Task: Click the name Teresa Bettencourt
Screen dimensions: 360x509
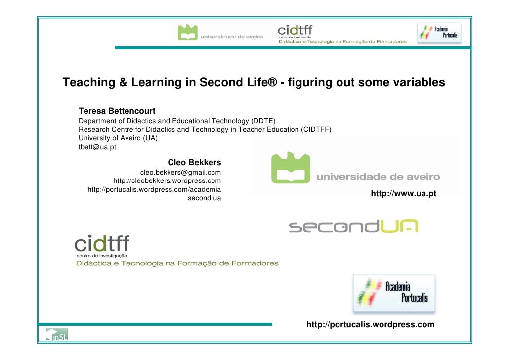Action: pyautogui.click(x=117, y=111)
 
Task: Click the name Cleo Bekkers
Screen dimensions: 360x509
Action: pyautogui.click(x=194, y=162)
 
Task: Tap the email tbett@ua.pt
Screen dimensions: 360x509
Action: pyautogui.click(x=97, y=147)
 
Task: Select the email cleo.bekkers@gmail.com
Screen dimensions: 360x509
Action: pyautogui.click(x=180, y=172)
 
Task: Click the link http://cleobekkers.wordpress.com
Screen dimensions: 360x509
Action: pyautogui.click(x=167, y=180)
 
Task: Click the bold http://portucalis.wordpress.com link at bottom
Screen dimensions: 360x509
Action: pyautogui.click(x=371, y=325)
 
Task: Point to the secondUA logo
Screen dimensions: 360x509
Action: pyautogui.click(x=353, y=226)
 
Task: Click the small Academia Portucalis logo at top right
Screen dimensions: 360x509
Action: pyautogui.click(x=439, y=34)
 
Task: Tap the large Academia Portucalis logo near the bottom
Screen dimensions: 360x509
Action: pyautogui.click(x=394, y=293)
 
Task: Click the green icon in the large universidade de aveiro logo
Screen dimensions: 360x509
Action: pyautogui.click(x=291, y=168)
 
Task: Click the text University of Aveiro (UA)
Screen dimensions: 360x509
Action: pyautogui.click(x=118, y=138)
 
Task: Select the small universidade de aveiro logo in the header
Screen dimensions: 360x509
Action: pyautogui.click(x=221, y=33)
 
